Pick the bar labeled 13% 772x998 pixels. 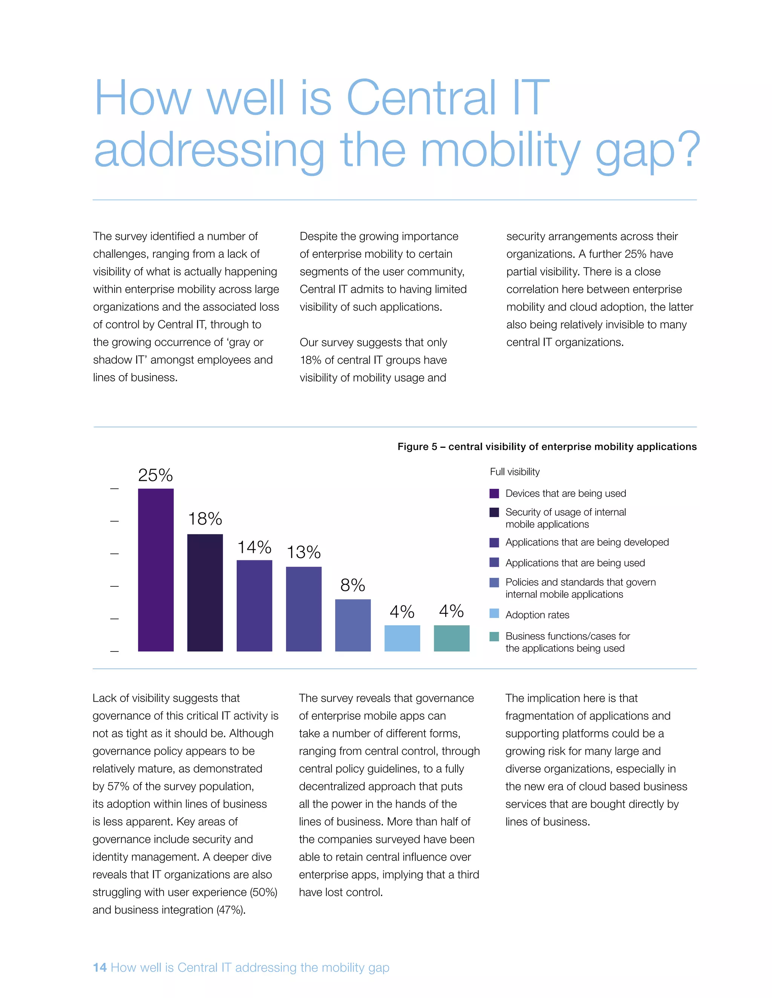click(x=304, y=609)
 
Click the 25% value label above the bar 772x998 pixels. click(x=156, y=475)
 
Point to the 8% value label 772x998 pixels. click(x=352, y=585)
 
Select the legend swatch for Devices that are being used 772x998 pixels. click(x=494, y=493)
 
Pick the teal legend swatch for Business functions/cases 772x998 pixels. click(x=494, y=636)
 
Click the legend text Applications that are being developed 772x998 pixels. click(x=587, y=542)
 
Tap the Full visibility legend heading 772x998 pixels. click(x=515, y=472)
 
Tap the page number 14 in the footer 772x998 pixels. click(x=100, y=967)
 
